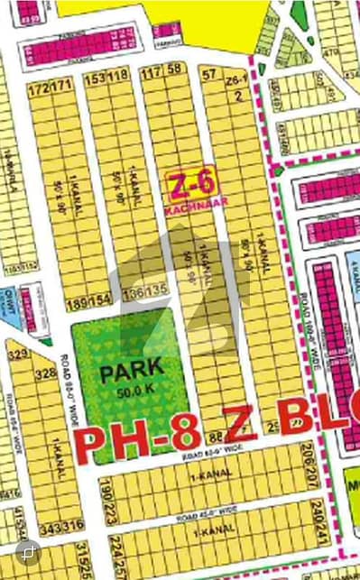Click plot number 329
click(15, 354)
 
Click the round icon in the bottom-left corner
click(30, 549)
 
